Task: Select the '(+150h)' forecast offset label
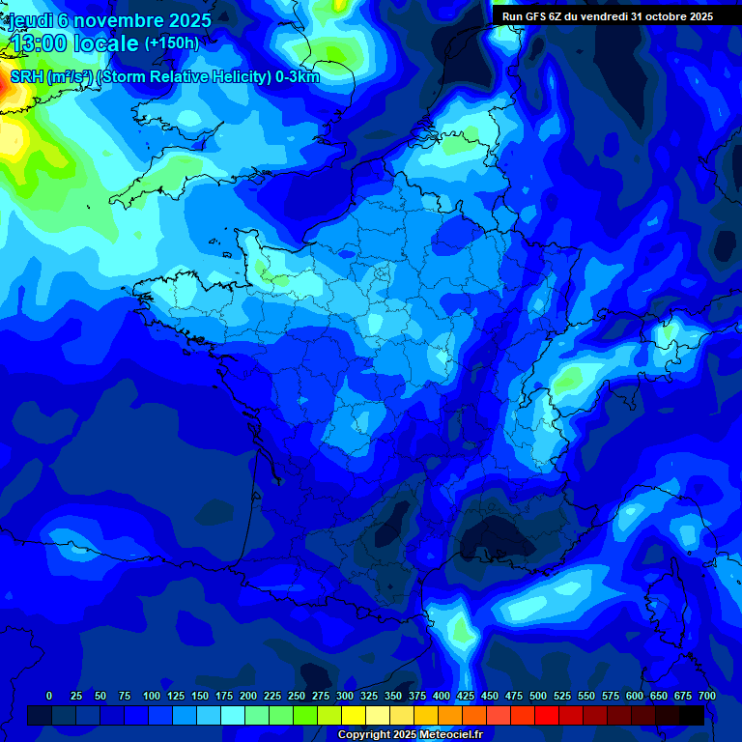point(171,43)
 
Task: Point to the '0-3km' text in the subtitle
point(297,76)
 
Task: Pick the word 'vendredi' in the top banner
point(602,16)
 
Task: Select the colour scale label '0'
point(49,696)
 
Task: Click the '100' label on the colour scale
point(151,696)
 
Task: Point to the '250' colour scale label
point(296,696)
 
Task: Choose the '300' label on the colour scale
point(345,696)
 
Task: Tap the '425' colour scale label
point(466,696)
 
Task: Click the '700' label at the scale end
point(706,696)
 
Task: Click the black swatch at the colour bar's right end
point(692,715)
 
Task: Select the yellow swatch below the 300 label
point(354,715)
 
